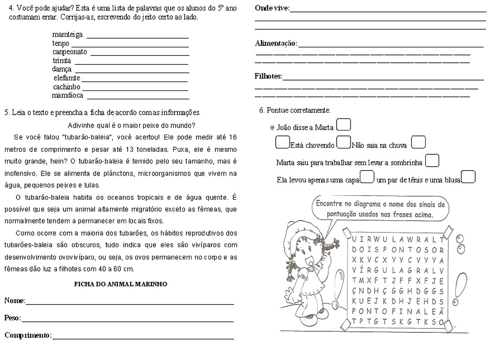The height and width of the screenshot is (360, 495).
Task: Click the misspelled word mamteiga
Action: [67, 35]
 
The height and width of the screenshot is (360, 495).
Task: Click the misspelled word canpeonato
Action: [70, 52]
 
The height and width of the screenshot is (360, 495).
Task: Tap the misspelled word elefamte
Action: [67, 78]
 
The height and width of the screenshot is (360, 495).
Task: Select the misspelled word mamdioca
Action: [67, 95]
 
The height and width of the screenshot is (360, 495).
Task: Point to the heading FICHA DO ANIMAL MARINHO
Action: [120, 284]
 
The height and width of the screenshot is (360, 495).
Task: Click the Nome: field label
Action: [14, 301]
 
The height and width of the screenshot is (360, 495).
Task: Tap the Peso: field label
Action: [13, 318]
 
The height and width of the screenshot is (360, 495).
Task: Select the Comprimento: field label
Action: [28, 335]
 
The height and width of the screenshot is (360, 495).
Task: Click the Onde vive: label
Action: [272, 8]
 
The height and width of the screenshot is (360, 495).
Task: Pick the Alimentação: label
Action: [276, 44]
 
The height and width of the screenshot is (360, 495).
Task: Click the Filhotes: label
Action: [268, 77]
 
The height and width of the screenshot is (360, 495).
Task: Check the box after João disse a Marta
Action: [344, 125]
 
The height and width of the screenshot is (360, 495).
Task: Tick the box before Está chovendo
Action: [282, 143]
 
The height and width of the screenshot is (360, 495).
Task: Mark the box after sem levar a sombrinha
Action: [432, 161]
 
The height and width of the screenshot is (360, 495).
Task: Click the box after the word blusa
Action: [468, 177]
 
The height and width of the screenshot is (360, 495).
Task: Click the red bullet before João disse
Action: [272, 128]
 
